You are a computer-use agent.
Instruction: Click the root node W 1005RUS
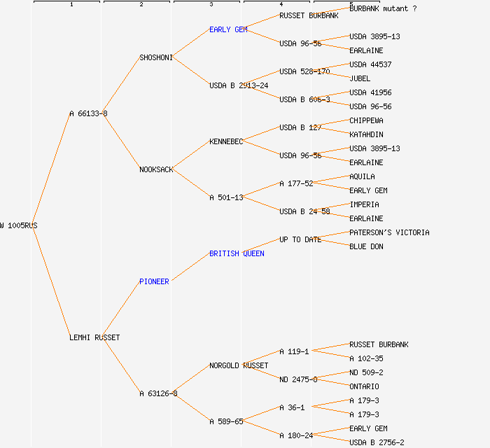pyautogui.click(x=19, y=225)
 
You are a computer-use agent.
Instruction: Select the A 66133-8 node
pyautogui.click(x=88, y=113)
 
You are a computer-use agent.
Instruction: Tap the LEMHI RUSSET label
pyautogui.click(x=94, y=337)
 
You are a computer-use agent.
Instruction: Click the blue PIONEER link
pyautogui.click(x=154, y=281)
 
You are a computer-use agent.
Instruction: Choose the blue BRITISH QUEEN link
pyautogui.click(x=237, y=253)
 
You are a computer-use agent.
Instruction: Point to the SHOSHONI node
pyautogui.click(x=155, y=57)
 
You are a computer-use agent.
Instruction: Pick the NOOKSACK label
pyautogui.click(x=156, y=169)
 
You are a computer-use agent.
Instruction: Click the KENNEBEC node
pyautogui.click(x=226, y=141)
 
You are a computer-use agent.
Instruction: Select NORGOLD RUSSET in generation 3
pyautogui.click(x=239, y=365)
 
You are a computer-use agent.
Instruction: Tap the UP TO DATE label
pyautogui.click(x=300, y=239)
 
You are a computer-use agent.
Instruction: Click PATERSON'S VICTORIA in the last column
pyautogui.click(x=389, y=232)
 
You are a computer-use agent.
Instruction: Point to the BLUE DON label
pyautogui.click(x=366, y=246)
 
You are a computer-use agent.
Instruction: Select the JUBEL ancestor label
pyautogui.click(x=360, y=78)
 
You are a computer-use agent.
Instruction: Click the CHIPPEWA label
pyautogui.click(x=366, y=120)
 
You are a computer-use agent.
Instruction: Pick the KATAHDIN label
pyautogui.click(x=366, y=134)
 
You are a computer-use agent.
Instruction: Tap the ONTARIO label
pyautogui.click(x=364, y=386)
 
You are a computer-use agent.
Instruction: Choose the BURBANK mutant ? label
pyautogui.click(x=383, y=8)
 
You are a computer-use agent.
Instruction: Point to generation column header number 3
pyautogui.click(x=211, y=5)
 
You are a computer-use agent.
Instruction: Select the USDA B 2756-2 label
pyautogui.click(x=377, y=442)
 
